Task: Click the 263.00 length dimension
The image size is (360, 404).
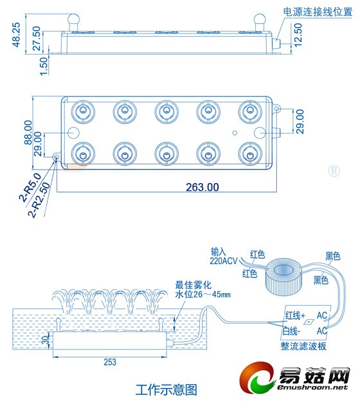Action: [x=202, y=188]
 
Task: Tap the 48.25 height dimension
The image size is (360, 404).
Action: [x=16, y=35]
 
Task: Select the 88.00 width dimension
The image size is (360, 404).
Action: [x=28, y=132]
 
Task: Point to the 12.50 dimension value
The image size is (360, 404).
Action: [x=298, y=35]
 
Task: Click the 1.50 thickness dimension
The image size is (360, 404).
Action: [x=44, y=66]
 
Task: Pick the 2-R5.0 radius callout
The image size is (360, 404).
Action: [x=30, y=187]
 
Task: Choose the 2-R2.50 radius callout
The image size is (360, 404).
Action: [x=39, y=200]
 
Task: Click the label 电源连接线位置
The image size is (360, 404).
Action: [x=318, y=12]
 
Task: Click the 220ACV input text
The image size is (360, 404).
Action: [x=223, y=261]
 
